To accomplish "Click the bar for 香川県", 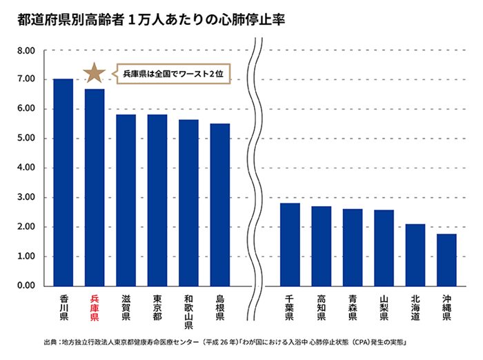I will click(63, 183).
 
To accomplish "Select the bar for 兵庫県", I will click(95, 188).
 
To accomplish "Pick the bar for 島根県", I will click(220, 205).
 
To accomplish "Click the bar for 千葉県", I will click(290, 244).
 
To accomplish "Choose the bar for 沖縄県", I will click(446, 260).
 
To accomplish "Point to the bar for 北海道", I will click(415, 254).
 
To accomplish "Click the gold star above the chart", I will click(93, 72).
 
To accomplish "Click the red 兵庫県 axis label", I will click(95, 308).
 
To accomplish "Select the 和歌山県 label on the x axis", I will click(188, 312).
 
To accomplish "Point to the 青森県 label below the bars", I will click(353, 308).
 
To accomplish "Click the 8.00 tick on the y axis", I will click(26, 50).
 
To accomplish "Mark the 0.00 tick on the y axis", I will click(26, 286).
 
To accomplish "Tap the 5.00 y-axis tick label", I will click(26, 138).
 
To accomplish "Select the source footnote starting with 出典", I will click(228, 342).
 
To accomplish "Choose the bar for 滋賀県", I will click(126, 200).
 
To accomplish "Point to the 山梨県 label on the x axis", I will click(384, 308).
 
